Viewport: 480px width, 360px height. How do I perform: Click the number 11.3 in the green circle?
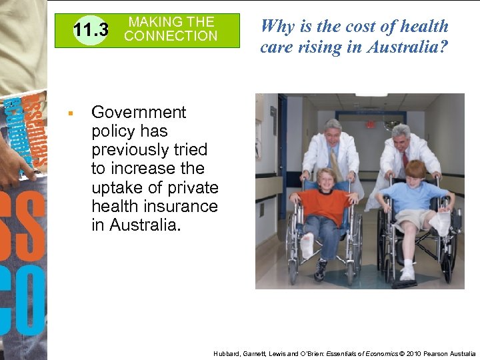[x=91, y=31]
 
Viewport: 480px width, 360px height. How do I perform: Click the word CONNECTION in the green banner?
[x=171, y=36]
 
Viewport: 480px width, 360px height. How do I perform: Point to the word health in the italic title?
[x=423, y=26]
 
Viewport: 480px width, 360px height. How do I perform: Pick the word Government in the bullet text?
[x=139, y=112]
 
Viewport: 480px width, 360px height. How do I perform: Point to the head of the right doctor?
[x=401, y=137]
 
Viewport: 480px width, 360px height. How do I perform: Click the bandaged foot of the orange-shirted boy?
[x=306, y=246]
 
